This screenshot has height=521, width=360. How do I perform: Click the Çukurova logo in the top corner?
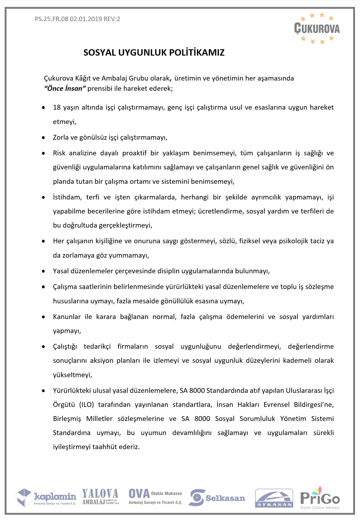pyautogui.click(x=317, y=28)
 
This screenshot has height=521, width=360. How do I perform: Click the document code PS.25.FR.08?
pyautogui.click(x=51, y=19)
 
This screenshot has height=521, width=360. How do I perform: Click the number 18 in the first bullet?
pyautogui.click(x=57, y=107)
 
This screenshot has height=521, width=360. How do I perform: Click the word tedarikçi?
pyautogui.click(x=97, y=346)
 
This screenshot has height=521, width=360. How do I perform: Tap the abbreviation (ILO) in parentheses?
pyautogui.click(x=86, y=405)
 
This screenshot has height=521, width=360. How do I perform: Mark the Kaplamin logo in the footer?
pyautogui.click(x=46, y=497)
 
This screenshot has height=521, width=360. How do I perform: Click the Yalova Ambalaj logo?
pyautogui.click(x=100, y=497)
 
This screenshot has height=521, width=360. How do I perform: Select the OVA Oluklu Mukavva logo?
pyautogui.click(x=155, y=497)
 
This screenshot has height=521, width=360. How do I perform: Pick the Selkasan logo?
pyautogui.click(x=217, y=498)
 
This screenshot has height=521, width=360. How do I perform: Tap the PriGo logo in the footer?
pyautogui.click(x=320, y=498)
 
